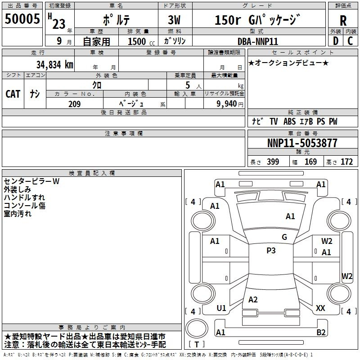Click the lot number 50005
[x=22, y=18]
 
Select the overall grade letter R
[x=343, y=20]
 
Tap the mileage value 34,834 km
[x=54, y=65]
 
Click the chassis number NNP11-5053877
[x=302, y=143]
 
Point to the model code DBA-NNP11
[x=258, y=41]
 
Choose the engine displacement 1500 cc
[x=141, y=41]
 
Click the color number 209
[x=74, y=104]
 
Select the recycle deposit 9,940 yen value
[x=230, y=104]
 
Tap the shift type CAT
[x=13, y=94]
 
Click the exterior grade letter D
[x=336, y=41]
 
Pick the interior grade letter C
[x=350, y=41]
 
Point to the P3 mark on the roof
[x=271, y=250]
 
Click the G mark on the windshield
[x=284, y=237]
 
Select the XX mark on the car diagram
[x=320, y=308]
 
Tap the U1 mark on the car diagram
[x=221, y=308]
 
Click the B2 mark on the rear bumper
[x=321, y=332]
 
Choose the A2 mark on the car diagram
[x=253, y=299]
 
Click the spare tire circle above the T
[x=197, y=328]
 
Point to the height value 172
[x=346, y=162]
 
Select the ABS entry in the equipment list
[x=289, y=121]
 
